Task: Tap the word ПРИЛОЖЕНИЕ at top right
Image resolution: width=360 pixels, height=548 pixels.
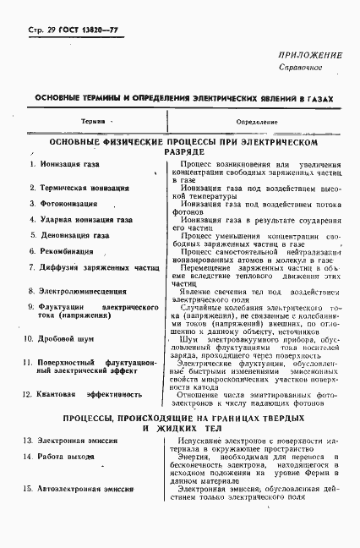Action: coord(308,55)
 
